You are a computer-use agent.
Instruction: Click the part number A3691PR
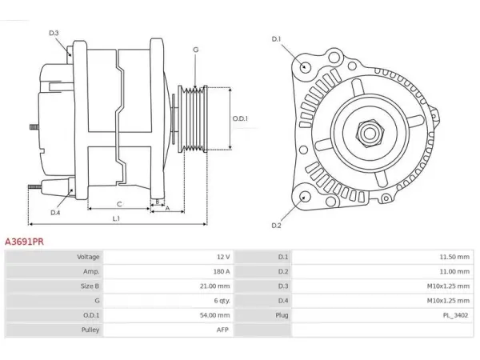tap(25, 242)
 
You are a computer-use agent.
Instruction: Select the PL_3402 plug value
tap(455, 315)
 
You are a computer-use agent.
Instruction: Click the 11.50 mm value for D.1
tap(454, 257)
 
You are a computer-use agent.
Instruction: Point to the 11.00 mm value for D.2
tap(454, 271)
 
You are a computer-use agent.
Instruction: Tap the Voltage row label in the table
tap(88, 257)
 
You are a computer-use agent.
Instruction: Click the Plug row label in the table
tap(282, 315)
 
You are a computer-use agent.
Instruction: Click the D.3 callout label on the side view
tap(54, 33)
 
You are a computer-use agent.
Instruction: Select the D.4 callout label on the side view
tap(55, 213)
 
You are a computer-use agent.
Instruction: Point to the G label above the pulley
tap(196, 50)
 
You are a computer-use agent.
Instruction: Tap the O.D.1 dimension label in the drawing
tap(240, 118)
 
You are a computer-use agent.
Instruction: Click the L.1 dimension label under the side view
tap(116, 218)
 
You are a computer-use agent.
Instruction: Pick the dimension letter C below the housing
tap(119, 204)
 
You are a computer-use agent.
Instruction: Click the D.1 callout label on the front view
tap(276, 39)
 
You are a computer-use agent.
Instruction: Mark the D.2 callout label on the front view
tap(276, 226)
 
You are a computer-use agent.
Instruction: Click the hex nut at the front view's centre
tap(370, 134)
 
